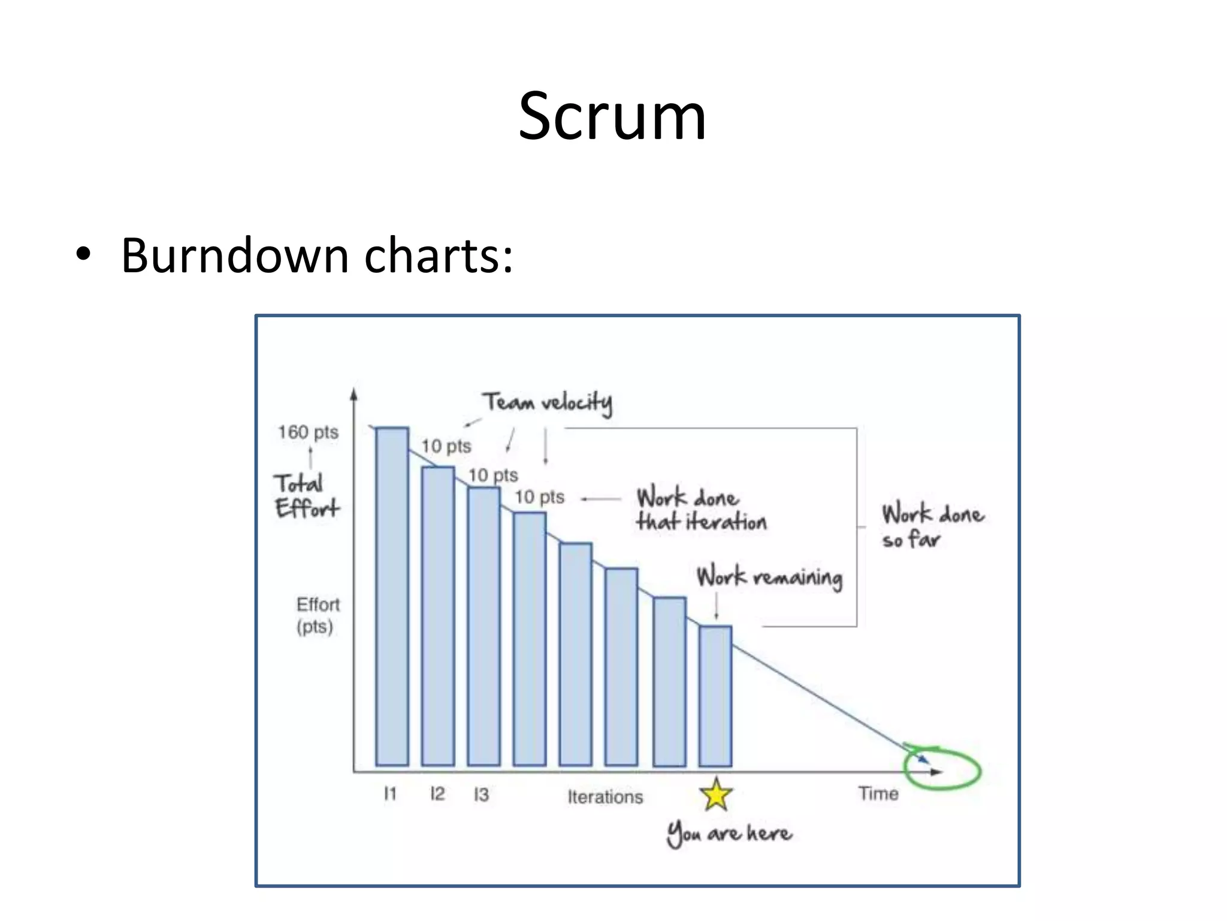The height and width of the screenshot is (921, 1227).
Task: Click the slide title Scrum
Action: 612,116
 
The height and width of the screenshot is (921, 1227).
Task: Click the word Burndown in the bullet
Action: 235,256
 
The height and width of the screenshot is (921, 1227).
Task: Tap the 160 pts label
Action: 308,432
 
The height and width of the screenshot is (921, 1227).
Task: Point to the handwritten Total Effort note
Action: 306,496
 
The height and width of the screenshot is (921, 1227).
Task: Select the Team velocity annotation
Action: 548,402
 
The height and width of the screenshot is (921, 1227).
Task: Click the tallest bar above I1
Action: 392,597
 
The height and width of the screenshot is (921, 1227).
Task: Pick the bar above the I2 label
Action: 438,616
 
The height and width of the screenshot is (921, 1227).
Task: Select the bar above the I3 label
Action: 484,627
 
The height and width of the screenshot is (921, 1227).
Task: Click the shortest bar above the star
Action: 715,696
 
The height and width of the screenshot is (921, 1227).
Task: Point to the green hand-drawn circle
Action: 942,768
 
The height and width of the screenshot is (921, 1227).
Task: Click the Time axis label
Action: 878,794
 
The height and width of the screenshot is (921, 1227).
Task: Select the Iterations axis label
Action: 605,797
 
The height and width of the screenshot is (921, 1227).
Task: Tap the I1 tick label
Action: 390,794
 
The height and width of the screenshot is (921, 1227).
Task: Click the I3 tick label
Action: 481,794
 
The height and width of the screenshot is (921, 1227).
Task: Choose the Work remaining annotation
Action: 769,577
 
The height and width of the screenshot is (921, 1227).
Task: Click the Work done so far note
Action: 932,526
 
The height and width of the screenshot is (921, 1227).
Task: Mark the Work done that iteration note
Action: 701,510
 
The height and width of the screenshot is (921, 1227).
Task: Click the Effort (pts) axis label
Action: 318,615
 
